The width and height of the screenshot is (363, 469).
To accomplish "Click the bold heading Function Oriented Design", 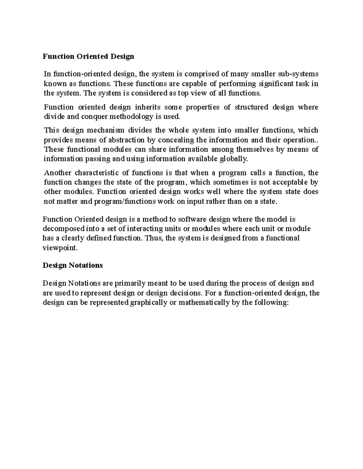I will pos(88,56).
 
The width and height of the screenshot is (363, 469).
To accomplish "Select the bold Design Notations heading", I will pos(73,265).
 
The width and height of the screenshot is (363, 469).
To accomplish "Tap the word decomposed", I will pos(62,229).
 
